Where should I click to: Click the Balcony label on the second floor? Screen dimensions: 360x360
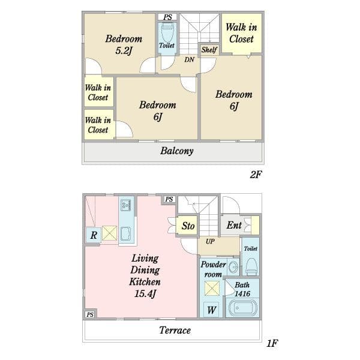[177, 151]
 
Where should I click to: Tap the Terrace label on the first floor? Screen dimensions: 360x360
[175, 330]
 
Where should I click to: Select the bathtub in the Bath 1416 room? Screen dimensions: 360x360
[242, 308]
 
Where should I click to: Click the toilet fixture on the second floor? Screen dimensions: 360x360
[167, 32]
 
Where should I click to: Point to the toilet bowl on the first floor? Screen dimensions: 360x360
[251, 266]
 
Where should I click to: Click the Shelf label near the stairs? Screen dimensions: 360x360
[209, 50]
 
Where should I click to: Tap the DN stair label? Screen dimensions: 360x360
[190, 59]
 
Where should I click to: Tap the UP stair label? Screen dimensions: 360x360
[211, 241]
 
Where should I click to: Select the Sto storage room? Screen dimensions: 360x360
[187, 226]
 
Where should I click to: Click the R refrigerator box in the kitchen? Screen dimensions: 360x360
[94, 235]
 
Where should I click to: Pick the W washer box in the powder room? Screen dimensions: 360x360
[211, 310]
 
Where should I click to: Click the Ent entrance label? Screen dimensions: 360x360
[234, 225]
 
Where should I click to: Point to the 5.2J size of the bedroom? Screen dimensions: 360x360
[124, 51]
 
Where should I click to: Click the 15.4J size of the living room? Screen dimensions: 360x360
[145, 293]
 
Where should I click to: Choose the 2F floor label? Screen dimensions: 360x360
[256, 175]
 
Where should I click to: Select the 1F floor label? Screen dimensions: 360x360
[272, 343]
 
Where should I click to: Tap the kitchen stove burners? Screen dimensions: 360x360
[125, 205]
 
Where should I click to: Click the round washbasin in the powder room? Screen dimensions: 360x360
[234, 267]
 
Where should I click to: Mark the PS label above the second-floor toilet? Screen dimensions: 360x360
[168, 17]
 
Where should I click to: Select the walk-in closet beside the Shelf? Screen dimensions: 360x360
[242, 34]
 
